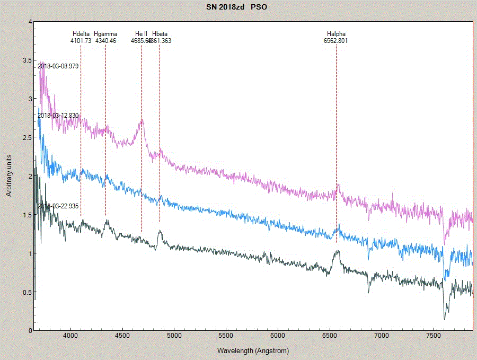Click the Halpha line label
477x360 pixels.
336,34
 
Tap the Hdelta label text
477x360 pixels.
81,34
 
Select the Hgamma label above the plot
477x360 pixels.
105,34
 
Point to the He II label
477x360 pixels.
141,34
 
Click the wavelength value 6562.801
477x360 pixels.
336,40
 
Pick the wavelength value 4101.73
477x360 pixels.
81,40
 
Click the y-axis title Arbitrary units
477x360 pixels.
9,175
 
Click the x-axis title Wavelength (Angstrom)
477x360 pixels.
253,351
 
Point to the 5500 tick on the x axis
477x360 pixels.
226,336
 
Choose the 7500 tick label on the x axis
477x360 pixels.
434,336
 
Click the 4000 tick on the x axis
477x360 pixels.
70,336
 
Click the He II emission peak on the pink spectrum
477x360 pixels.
142,121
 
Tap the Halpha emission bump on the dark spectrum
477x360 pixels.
337,253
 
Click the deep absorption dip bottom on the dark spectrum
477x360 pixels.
444,319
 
